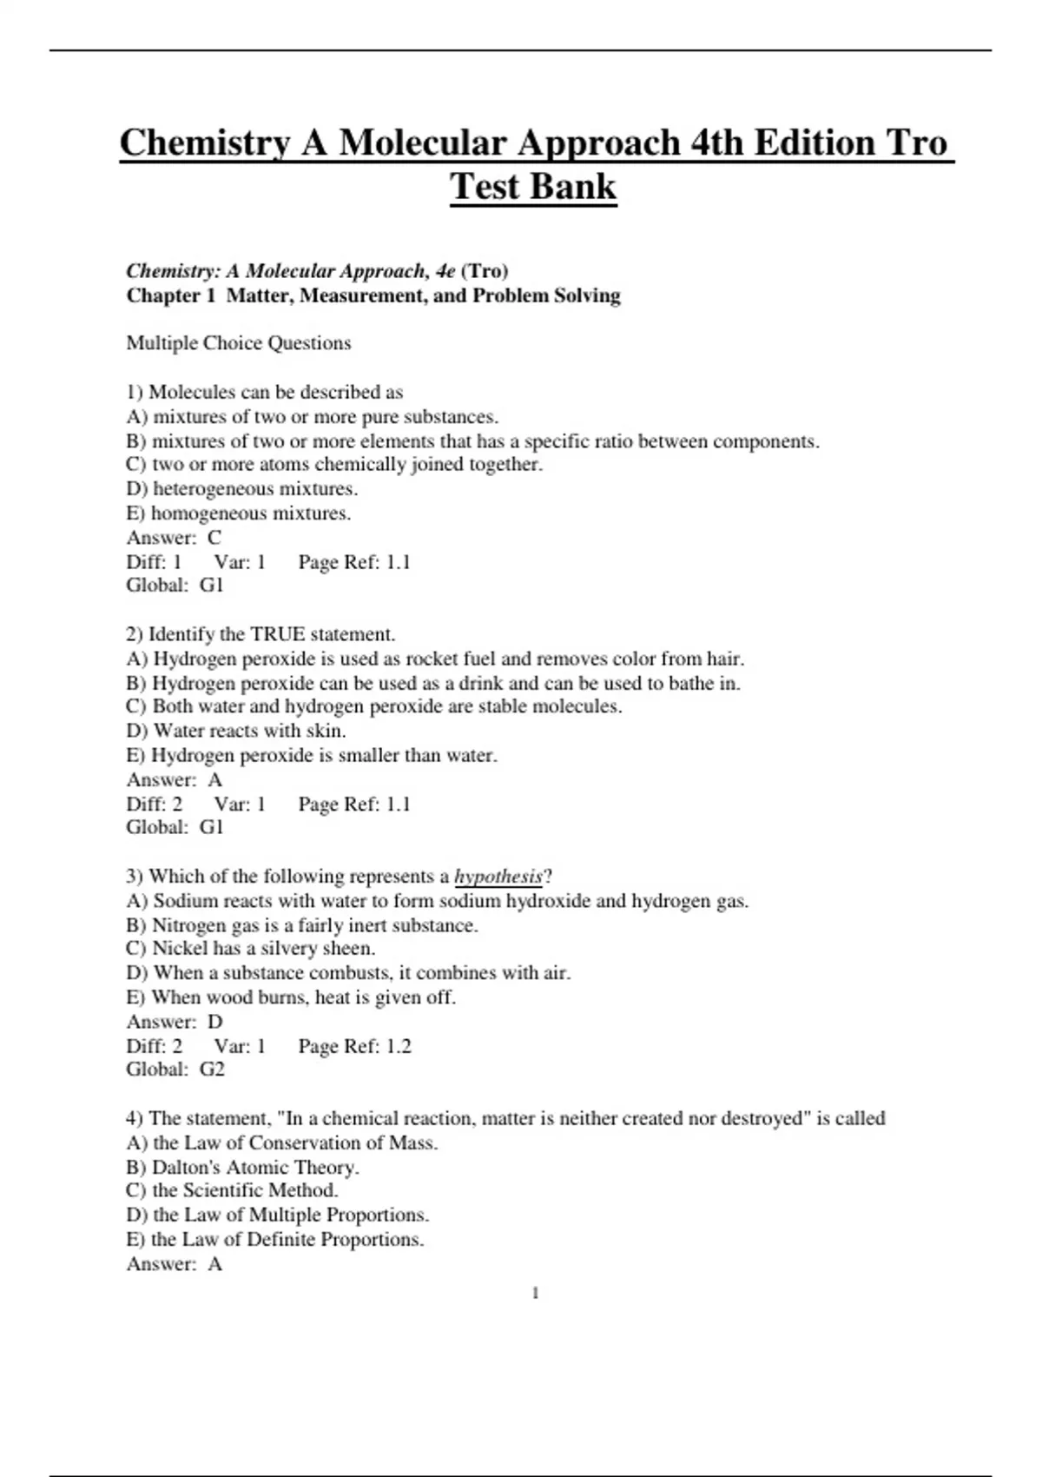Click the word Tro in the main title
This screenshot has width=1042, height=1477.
pyautogui.click(x=916, y=143)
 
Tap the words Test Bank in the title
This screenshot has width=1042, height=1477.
pyautogui.click(x=532, y=187)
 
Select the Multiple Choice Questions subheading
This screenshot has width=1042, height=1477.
pyautogui.click(x=239, y=343)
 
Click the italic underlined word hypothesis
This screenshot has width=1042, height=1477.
pyautogui.click(x=498, y=876)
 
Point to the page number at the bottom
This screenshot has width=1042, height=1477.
pyautogui.click(x=535, y=1293)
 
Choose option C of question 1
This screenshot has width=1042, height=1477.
pyautogui.click(x=334, y=464)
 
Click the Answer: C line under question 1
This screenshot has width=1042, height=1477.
pyautogui.click(x=174, y=537)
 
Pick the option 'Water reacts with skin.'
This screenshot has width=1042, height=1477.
pyautogui.click(x=236, y=731)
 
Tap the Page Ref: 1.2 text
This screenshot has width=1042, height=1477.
pyautogui.click(x=354, y=1046)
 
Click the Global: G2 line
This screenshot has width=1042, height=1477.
pyautogui.click(x=175, y=1069)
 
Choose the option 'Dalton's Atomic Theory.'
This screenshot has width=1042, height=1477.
pyautogui.click(x=243, y=1167)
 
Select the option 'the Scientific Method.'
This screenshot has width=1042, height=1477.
pyautogui.click(x=233, y=1190)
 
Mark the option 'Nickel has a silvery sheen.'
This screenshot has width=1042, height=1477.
pyautogui.click(x=251, y=948)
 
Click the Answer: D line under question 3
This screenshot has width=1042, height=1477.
pyautogui.click(x=175, y=1022)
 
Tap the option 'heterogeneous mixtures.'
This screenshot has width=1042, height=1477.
pyautogui.click(x=242, y=488)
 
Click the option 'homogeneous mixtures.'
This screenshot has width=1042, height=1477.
pyautogui.click(x=239, y=513)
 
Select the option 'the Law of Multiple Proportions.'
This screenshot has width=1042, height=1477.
pyautogui.click(x=278, y=1215)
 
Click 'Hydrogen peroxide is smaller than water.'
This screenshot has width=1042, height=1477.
pyautogui.click(x=313, y=755)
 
